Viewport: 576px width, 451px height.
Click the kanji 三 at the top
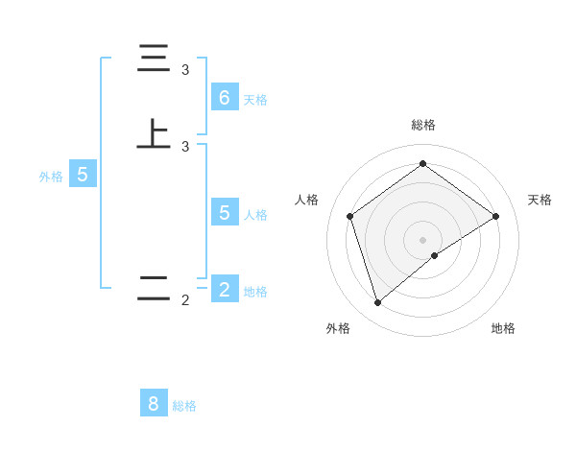click(154, 59)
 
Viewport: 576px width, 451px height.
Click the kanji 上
click(154, 133)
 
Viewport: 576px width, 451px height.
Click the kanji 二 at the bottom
click(154, 288)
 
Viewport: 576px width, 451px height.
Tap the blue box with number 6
click(225, 97)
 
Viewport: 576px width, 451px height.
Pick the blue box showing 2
click(225, 289)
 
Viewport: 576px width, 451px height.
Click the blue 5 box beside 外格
click(83, 175)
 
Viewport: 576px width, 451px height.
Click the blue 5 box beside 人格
click(225, 212)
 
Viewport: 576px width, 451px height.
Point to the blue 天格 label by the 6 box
click(255, 100)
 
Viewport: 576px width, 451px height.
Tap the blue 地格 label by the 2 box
click(255, 292)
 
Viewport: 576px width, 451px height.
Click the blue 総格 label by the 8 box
click(184, 407)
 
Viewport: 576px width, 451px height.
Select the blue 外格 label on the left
click(51, 177)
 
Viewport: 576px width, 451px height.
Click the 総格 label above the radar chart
click(422, 125)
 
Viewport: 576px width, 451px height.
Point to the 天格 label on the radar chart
click(540, 200)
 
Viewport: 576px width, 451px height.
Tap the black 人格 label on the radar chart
click(307, 200)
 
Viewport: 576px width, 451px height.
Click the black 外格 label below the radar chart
click(338, 328)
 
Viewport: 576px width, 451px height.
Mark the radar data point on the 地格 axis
click(435, 255)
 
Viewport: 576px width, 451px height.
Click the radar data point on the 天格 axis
click(495, 216)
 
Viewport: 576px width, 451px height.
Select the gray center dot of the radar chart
click(422, 239)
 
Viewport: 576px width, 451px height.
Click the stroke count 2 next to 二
click(185, 300)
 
